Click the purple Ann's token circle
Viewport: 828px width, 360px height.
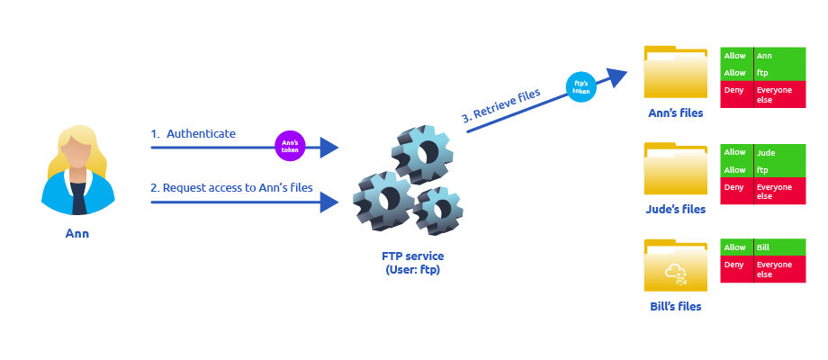click(x=291, y=146)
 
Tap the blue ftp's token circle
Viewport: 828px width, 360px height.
click(x=581, y=86)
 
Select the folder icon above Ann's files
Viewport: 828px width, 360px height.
click(x=675, y=73)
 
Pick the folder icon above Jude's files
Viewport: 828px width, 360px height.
click(x=675, y=170)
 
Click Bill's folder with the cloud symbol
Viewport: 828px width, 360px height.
click(x=675, y=267)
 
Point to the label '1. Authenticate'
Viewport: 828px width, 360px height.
click(x=193, y=134)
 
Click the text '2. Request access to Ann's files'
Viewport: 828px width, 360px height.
click(x=231, y=188)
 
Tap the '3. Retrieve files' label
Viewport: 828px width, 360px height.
click(x=501, y=104)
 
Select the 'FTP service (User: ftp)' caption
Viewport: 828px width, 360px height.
click(x=413, y=263)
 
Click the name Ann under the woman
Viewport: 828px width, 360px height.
click(x=77, y=234)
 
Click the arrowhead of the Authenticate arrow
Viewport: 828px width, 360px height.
click(x=330, y=147)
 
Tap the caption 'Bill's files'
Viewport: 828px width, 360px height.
click(x=675, y=307)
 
